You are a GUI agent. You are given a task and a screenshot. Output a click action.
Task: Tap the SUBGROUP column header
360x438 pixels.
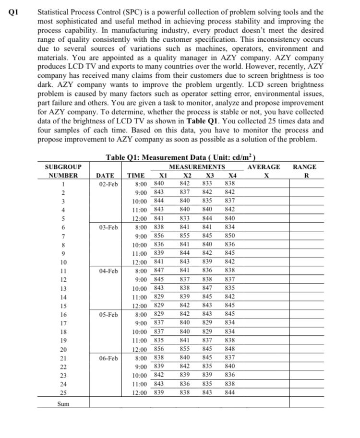pyautogui.click(x=63, y=167)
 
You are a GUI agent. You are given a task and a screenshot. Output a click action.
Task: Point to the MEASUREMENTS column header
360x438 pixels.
pyautogui.click(x=197, y=167)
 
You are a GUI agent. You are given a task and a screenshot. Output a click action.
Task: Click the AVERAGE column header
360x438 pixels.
pyautogui.click(x=264, y=167)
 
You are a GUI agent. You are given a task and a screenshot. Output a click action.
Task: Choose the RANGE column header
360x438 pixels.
pyautogui.click(x=304, y=167)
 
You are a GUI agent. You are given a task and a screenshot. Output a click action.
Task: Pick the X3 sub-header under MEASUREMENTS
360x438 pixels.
pyautogui.click(x=207, y=176)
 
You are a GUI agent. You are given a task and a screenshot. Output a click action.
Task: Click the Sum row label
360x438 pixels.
pyautogui.click(x=63, y=404)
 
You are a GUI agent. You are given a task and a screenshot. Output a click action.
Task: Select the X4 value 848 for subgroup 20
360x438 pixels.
pyautogui.click(x=230, y=349)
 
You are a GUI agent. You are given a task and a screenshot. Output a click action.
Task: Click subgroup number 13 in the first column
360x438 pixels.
pyautogui.click(x=63, y=288)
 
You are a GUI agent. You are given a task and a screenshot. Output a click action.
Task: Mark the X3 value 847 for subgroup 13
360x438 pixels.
pyautogui.click(x=207, y=288)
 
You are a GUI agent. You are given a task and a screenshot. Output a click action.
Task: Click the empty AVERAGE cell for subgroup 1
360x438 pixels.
pyautogui.click(x=264, y=184)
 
